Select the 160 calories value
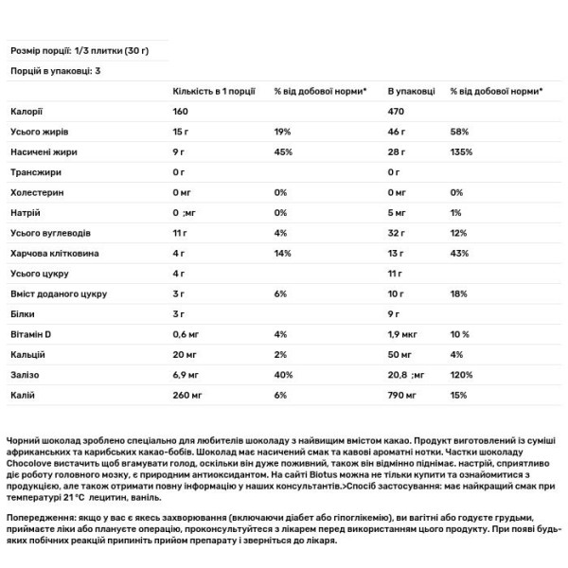point(182,112)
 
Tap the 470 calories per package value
point(398,112)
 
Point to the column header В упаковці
point(411,91)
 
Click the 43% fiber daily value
point(459,255)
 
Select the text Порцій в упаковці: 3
point(55,71)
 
